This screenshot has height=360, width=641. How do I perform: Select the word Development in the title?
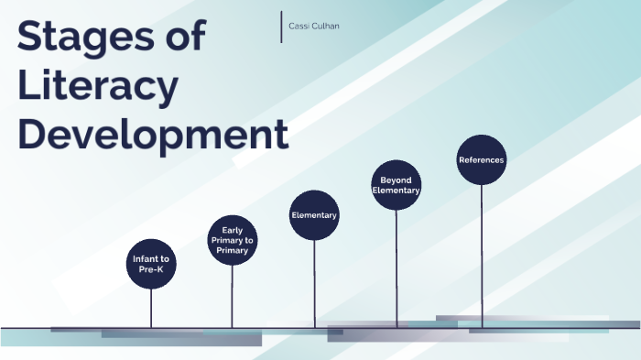pos(154,135)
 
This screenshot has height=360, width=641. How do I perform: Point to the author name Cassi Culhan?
pos(314,27)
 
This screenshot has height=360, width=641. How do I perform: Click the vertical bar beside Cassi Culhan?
pos(281,27)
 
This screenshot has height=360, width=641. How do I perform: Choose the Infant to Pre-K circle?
pos(150,264)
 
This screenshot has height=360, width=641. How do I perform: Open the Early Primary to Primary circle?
pos(232,240)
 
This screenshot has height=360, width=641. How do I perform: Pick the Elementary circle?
pos(314,215)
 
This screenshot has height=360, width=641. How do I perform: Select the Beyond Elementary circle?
pos(396,185)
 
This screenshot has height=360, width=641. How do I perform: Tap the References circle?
pos(481,160)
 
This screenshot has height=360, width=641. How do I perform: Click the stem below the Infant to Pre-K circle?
pos(150,307)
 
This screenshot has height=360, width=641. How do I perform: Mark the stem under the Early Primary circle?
pos(232,295)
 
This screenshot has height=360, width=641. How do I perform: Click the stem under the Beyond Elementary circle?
pos(397,266)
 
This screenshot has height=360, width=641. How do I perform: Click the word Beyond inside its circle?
pos(397,180)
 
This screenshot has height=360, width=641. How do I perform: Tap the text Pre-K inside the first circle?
pos(150,270)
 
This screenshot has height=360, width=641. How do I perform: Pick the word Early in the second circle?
pos(232,229)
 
